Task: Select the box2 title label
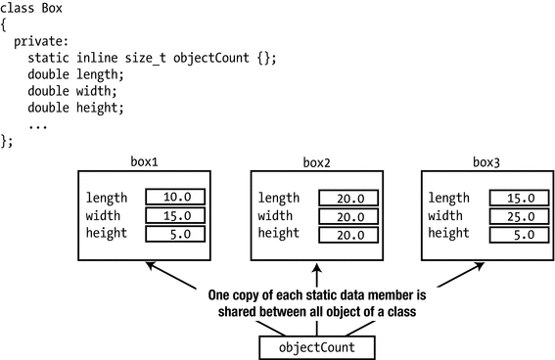click(317, 160)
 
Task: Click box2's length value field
click(347, 198)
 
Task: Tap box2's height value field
click(347, 234)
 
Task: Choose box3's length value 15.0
click(515, 198)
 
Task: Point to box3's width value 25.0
click(515, 215)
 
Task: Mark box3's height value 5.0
click(515, 234)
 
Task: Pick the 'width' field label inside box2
click(277, 215)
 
